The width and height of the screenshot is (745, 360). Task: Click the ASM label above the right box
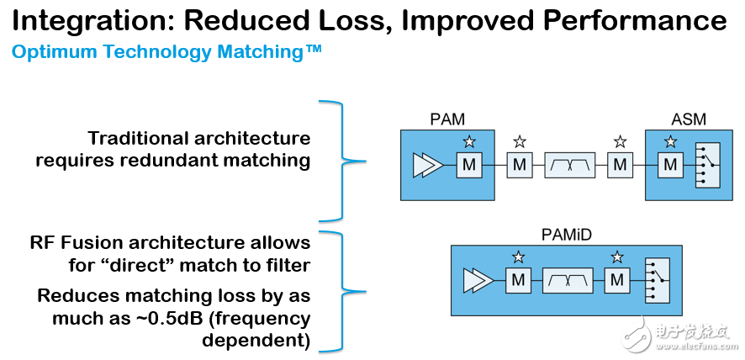[x=689, y=119]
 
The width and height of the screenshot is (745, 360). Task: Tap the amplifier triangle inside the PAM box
[x=425, y=166]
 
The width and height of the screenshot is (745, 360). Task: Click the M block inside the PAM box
[x=468, y=165]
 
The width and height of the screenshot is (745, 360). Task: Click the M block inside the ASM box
[x=670, y=165]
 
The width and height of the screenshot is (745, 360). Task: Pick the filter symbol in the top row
[x=569, y=165]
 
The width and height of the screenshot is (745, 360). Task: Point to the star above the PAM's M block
[x=468, y=141]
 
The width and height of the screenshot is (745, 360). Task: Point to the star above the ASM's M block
[x=670, y=141]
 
